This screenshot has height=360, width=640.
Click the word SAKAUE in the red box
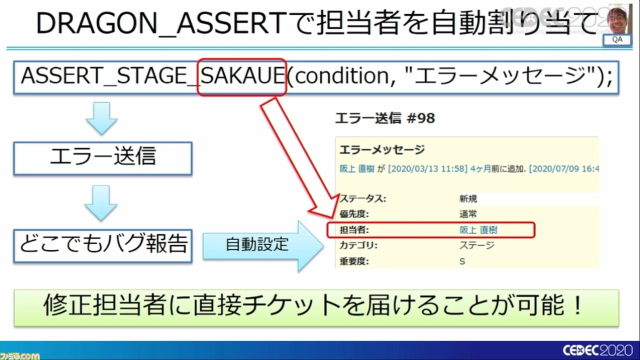242,76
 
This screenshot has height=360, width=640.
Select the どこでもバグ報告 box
102,245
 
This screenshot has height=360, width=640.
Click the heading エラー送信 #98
384,118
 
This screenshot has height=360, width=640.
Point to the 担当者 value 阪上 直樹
478,230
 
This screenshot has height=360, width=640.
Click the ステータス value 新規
467,198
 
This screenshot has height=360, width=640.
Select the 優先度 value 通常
467,214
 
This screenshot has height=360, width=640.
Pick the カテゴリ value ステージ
476,245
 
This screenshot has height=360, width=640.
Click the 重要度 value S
462,261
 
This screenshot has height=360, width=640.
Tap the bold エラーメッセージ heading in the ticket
382,149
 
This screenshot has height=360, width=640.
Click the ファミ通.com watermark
20,355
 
